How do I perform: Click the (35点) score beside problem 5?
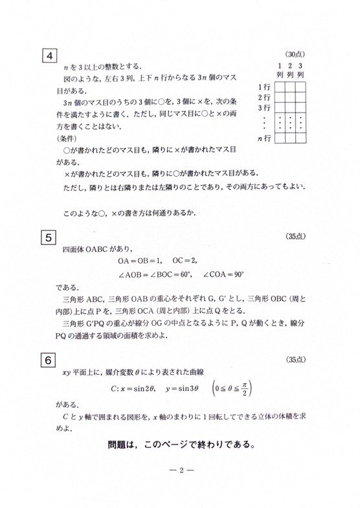pos(296,236)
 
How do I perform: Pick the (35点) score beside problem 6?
pos(296,358)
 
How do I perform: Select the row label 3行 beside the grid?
pos(264,107)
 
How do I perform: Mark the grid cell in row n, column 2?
pos(291,138)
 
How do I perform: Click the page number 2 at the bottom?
pos(180,470)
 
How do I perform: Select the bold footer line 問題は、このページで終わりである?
pos(180,445)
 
